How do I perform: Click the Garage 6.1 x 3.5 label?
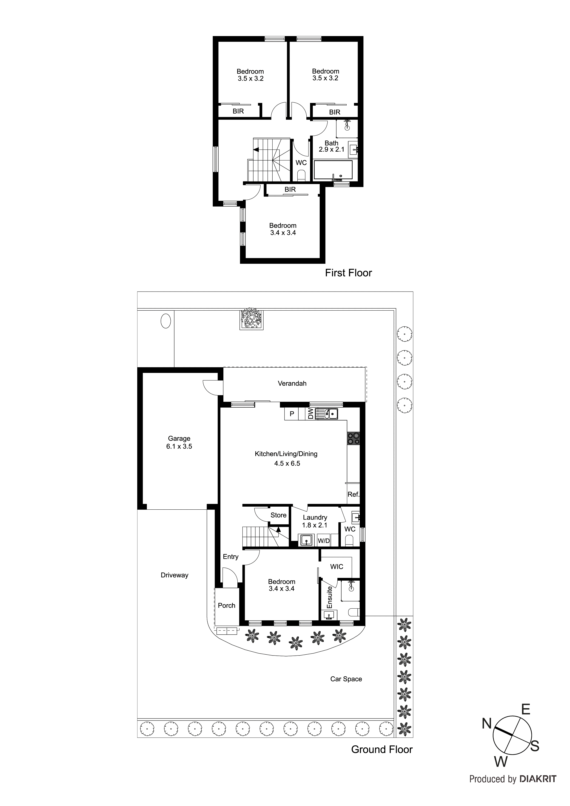pos(179,442)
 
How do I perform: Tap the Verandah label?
pos(292,383)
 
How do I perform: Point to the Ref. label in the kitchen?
pos(353,494)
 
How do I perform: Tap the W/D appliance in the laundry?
pos(323,541)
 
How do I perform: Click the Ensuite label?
pos(329,597)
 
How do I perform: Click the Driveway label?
pos(174,575)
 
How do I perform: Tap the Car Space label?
pos(346,679)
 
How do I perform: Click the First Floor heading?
pos(348,273)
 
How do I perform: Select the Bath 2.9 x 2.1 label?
pos(331,146)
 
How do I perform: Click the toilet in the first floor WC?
pos(301,175)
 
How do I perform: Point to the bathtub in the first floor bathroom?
pos(333,170)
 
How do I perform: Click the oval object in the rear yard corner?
pos(165,321)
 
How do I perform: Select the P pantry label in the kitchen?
pos(291,414)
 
